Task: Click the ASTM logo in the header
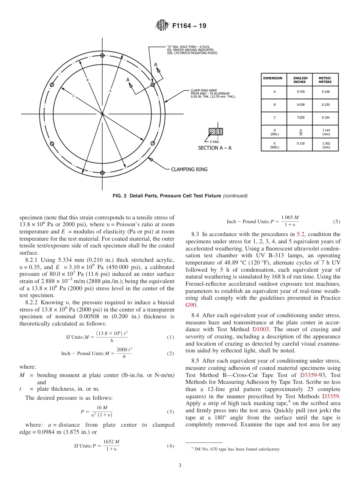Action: pos(162,26)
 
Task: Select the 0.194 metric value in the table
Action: pos(325,117)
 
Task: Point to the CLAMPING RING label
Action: pos(189,169)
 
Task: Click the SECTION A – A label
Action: pos(214,148)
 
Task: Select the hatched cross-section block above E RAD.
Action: pos(216,131)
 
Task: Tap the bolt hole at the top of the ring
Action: pos(102,56)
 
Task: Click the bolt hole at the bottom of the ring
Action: pos(102,173)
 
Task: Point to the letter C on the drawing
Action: pos(74,96)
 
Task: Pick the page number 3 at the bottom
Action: pos(180,465)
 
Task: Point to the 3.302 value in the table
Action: pos(325,144)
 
